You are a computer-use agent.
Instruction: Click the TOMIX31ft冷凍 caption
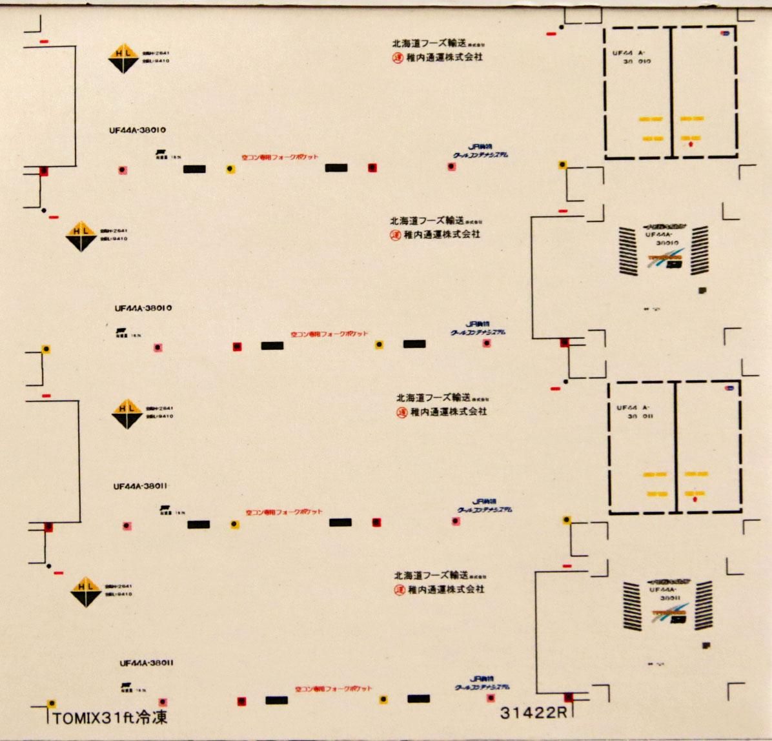[110, 717]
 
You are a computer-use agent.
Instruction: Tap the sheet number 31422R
[533, 713]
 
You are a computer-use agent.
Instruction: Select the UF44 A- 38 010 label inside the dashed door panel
[632, 57]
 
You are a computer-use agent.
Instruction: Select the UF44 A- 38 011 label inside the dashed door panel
[635, 412]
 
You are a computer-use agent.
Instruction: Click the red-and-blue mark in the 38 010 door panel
[726, 34]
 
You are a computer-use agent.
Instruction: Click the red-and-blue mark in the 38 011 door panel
[729, 388]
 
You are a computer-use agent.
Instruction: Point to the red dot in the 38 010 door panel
[691, 145]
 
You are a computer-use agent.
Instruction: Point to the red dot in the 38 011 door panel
[695, 500]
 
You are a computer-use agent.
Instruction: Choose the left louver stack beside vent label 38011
[634, 605]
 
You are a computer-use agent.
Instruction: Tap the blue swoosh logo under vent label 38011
[671, 613]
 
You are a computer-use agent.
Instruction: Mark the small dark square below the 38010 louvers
[702, 291]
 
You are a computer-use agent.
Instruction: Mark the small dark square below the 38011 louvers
[707, 645]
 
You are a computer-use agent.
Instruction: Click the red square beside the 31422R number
[569, 697]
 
